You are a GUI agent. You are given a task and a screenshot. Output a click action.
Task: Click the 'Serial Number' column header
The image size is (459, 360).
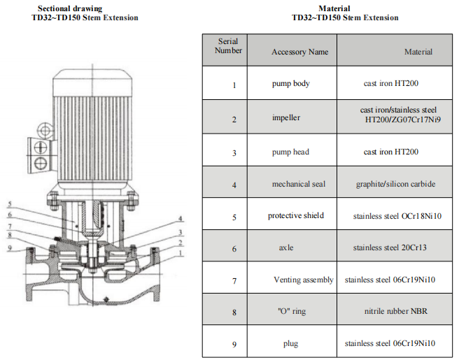228,46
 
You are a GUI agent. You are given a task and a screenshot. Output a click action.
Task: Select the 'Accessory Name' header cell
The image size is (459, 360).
299,52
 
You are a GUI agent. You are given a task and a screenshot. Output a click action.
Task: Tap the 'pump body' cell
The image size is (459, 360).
290,84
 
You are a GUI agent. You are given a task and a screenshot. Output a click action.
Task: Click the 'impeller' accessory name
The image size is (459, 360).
286,117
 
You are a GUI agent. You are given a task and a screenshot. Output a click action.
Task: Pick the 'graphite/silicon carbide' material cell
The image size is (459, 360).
395,184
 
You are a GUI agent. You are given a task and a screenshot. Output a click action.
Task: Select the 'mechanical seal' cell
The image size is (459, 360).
299,184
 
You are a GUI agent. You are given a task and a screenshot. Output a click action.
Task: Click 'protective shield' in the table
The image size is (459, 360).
296,215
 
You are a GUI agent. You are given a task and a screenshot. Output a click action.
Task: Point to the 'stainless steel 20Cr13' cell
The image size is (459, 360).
390,247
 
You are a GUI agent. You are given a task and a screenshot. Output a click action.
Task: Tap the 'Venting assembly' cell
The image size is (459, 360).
304,280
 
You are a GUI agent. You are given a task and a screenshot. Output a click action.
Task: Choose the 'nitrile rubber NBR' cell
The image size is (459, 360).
396,311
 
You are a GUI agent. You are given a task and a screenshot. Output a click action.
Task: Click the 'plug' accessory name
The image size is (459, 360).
290,344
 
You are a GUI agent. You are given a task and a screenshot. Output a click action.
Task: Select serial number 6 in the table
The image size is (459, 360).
234,249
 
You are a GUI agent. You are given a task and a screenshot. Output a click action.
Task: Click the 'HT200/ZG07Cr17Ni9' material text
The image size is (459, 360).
403,120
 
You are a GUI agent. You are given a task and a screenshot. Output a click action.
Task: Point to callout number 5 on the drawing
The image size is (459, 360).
10,204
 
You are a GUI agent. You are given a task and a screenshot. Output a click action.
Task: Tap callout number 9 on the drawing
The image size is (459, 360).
10,248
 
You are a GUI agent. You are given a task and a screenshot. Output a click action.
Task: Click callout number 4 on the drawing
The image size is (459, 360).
181,219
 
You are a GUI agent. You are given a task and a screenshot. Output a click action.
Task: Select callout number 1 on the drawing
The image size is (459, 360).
181,253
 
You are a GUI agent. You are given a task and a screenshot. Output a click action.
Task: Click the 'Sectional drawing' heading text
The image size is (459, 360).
70,8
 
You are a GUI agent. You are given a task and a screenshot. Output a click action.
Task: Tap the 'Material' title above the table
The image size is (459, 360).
334,8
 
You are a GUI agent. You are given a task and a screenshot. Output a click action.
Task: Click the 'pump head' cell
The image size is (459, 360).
290,152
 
